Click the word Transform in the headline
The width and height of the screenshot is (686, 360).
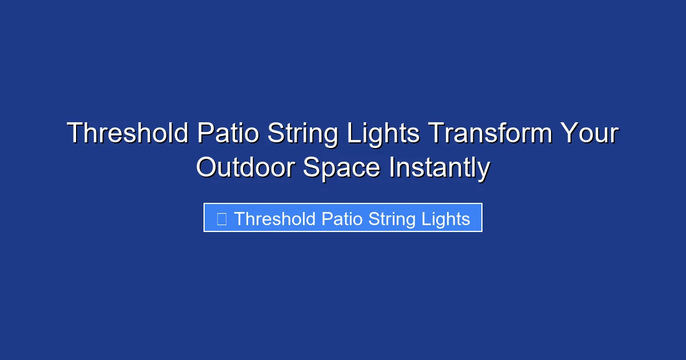pyautogui.click(x=490, y=134)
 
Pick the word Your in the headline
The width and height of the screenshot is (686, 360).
pyautogui.click(x=589, y=134)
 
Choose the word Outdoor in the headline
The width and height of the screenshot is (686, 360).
pyautogui.click(x=245, y=168)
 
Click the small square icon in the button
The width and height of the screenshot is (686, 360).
pyautogui.click(x=222, y=218)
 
